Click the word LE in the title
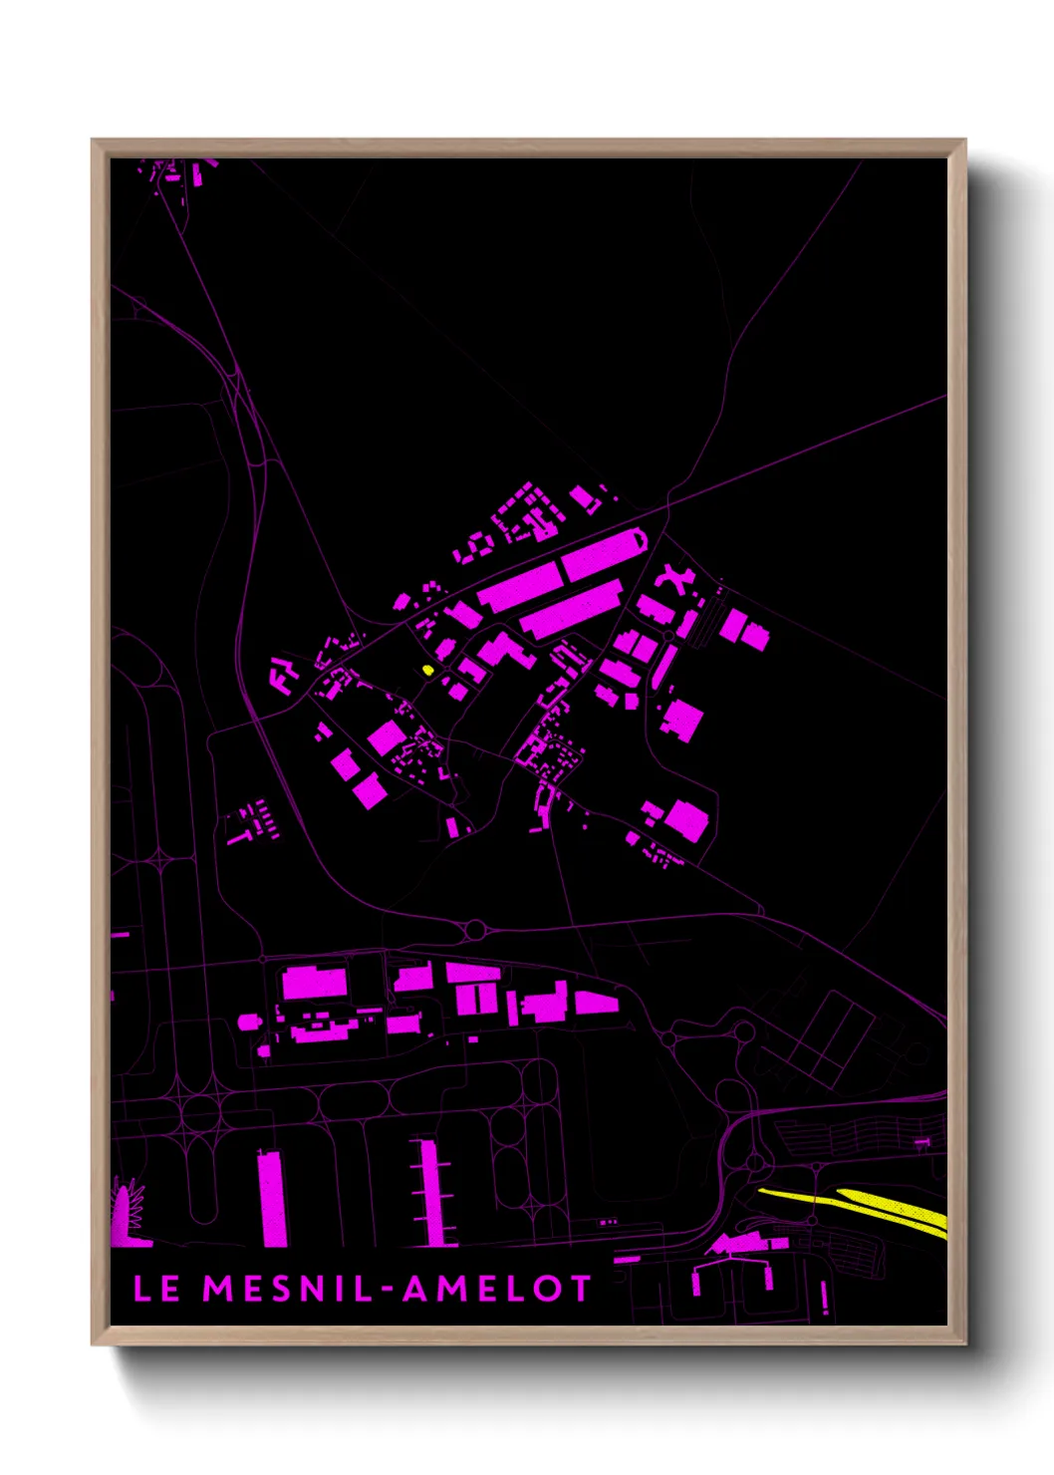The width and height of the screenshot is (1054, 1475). tap(156, 1288)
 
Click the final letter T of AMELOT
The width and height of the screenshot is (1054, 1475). tap(580, 1288)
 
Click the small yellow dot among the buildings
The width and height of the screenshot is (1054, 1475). tap(428, 670)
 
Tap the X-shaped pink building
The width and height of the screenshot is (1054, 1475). tap(672, 579)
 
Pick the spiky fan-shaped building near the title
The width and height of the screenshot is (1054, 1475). tap(129, 1214)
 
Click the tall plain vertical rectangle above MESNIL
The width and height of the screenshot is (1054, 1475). tap(272, 1198)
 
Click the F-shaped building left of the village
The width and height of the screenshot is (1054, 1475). tap(283, 675)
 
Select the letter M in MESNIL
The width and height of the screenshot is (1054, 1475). tap(219, 1288)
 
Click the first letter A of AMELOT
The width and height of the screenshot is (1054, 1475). tap(417, 1288)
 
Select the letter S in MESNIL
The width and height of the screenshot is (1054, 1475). tap(282, 1288)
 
